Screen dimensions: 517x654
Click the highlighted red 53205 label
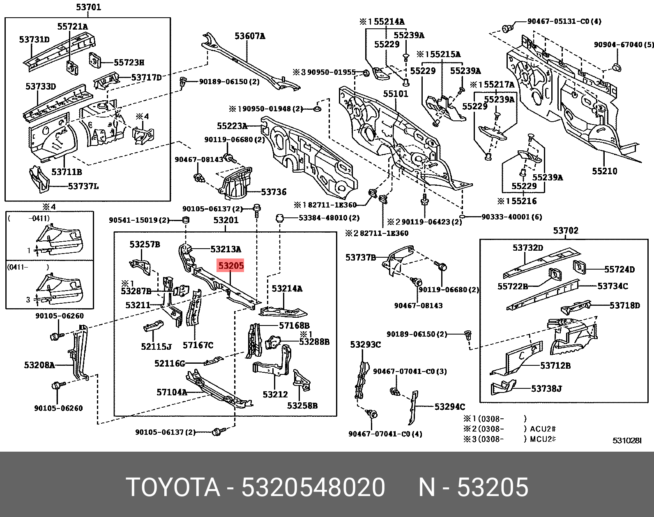click(x=231, y=266)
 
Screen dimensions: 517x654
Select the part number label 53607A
click(x=250, y=36)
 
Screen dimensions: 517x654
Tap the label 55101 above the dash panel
click(x=396, y=94)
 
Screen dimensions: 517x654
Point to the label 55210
click(x=604, y=171)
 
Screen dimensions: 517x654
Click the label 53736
click(x=274, y=192)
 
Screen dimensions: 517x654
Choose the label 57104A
click(x=172, y=392)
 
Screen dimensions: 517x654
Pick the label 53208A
click(x=39, y=365)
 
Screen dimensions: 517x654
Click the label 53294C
click(x=450, y=407)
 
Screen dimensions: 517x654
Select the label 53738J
click(x=546, y=388)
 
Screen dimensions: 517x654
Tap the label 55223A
click(x=232, y=126)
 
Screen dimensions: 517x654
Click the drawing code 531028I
click(x=627, y=440)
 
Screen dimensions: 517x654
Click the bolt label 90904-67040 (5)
click(x=623, y=44)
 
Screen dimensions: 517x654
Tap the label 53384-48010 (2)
click(x=329, y=217)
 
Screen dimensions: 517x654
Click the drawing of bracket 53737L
click(x=40, y=179)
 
